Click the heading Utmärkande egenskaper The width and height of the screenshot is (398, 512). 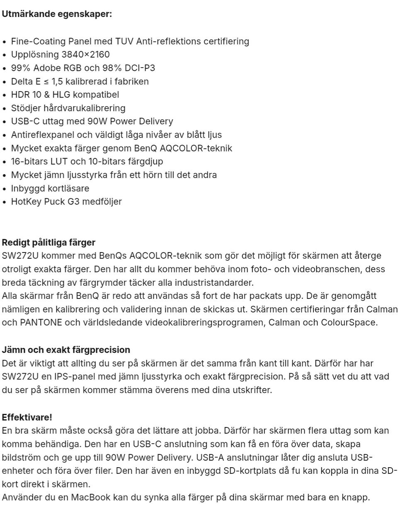click(57, 14)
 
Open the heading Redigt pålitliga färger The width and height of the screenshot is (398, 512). click(49, 242)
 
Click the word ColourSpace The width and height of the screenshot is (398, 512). click(349, 322)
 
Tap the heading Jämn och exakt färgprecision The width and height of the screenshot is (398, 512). click(66, 349)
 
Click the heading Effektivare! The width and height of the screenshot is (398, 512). click(27, 417)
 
